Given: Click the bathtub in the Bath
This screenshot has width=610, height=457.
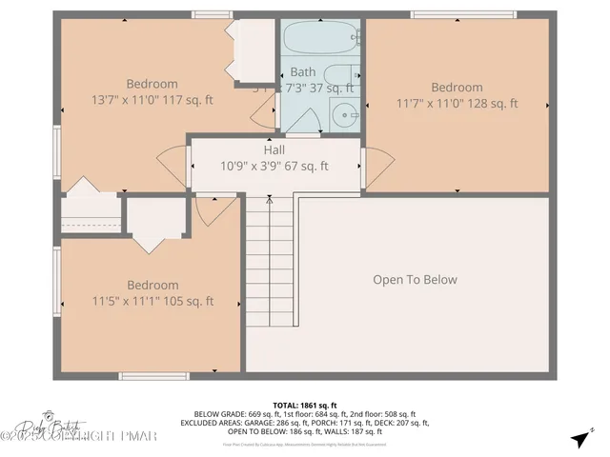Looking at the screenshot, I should (319, 41).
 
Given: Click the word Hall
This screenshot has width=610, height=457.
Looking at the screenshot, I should (274, 150).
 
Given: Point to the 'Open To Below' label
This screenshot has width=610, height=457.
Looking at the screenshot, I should (415, 280).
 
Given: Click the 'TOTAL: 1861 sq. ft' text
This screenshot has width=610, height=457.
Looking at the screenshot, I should (305, 405).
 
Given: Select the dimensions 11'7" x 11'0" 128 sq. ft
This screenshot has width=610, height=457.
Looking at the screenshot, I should (457, 103).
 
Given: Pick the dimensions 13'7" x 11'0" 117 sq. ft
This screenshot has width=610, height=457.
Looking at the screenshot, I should (152, 99).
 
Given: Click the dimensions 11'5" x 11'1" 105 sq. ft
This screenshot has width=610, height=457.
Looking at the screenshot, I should (152, 301).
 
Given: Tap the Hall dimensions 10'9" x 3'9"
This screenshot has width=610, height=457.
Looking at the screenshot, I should (274, 166).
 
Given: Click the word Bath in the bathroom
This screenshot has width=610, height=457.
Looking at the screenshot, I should (303, 71).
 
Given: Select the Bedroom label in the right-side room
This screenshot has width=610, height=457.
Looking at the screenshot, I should (457, 88).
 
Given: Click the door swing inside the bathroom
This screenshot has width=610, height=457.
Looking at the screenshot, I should (303, 121).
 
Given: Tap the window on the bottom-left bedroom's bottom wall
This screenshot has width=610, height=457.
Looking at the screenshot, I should (153, 376).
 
